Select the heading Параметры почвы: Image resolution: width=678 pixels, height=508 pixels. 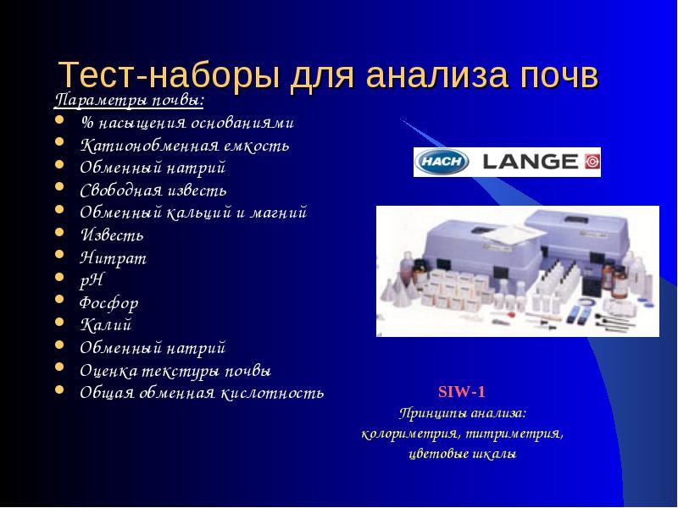click(130, 101)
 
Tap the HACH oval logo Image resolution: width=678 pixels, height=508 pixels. click(442, 162)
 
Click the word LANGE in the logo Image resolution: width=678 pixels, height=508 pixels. click(531, 162)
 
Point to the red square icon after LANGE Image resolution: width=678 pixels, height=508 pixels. click(592, 162)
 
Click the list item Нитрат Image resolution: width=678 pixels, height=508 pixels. click(114, 258)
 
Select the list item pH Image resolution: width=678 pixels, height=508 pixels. click(92, 281)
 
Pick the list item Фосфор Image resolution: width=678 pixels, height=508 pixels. click(109, 303)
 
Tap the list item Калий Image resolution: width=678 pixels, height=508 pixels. click(105, 325)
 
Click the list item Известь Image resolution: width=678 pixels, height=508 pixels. click(112, 235)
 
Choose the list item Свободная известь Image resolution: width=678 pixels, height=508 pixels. click(153, 190)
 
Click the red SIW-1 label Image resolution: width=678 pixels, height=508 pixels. click(462, 392)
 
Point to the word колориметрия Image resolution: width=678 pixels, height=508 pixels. click(409, 433)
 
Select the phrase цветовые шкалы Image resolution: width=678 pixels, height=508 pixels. click(463, 454)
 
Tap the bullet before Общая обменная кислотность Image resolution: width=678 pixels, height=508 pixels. click(59, 389)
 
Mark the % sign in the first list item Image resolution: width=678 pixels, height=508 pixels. click(87, 124)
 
